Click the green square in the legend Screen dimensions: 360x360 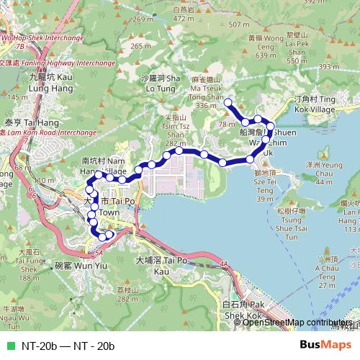tap(9, 346)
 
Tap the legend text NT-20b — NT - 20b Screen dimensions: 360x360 tap(68, 346)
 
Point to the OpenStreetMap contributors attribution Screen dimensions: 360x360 tap(297, 322)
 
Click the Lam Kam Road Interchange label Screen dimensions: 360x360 tap(48, 133)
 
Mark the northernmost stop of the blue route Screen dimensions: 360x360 tap(228, 103)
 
